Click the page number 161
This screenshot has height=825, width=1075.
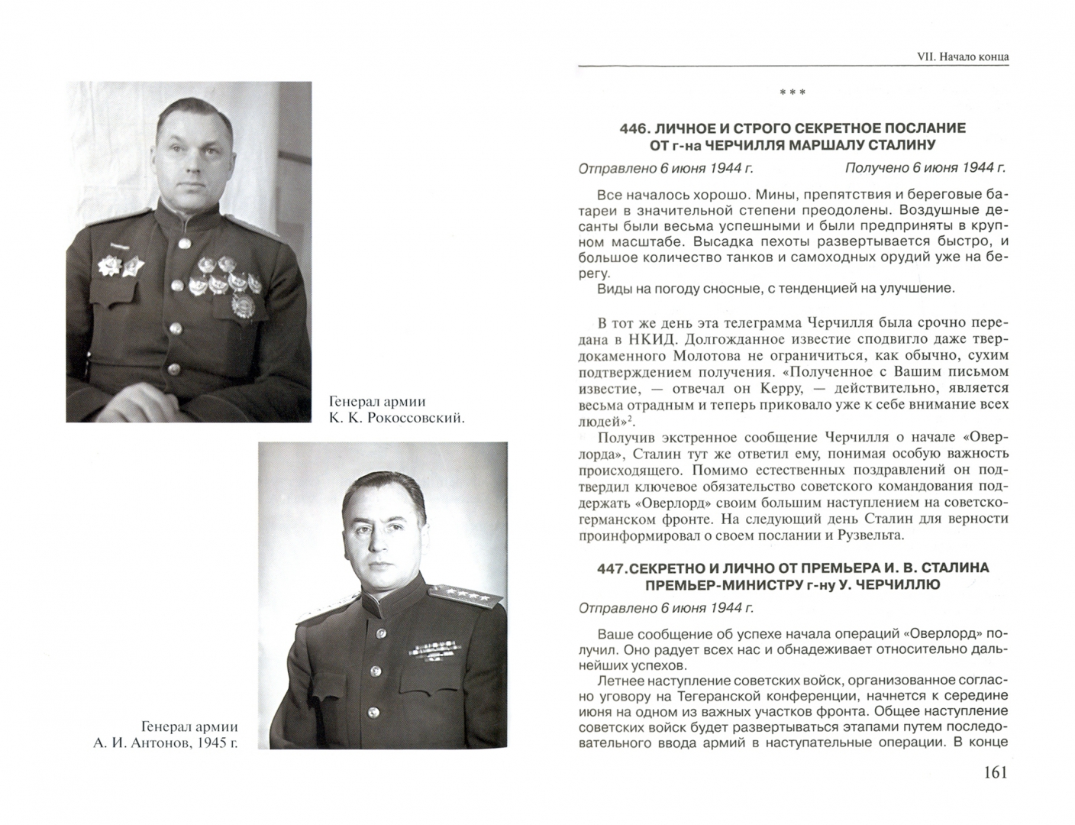[991, 772]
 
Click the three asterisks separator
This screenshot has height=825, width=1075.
[792, 94]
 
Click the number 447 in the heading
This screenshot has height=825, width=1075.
[612, 568]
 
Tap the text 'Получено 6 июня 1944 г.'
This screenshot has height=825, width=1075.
[925, 167]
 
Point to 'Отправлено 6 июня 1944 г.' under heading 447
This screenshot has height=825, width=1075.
[666, 608]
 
